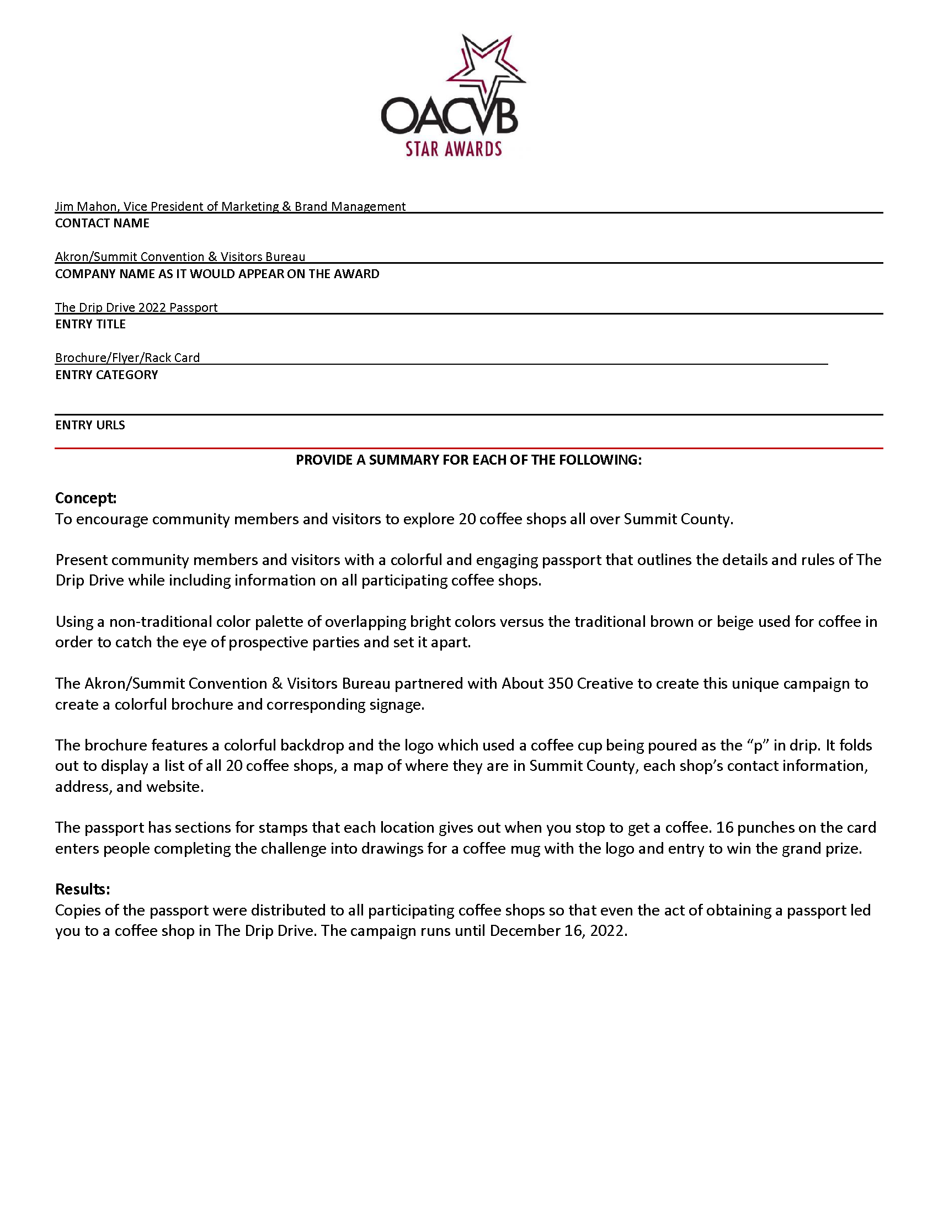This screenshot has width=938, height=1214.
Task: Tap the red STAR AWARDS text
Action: point(454,149)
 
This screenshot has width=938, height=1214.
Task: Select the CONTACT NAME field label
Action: point(102,223)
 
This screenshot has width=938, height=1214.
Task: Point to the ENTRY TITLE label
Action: point(90,324)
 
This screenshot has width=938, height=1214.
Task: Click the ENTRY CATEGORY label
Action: point(106,375)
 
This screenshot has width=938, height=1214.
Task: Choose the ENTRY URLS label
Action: point(90,425)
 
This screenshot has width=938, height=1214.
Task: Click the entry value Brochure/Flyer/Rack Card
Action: point(127,358)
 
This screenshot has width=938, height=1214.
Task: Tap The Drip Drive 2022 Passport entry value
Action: point(136,307)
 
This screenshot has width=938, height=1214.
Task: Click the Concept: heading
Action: point(86,498)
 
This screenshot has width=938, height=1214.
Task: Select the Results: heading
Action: point(82,890)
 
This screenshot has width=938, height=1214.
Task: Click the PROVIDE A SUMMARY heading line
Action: point(468,460)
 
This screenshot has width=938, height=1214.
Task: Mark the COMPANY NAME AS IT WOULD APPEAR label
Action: point(217,274)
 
